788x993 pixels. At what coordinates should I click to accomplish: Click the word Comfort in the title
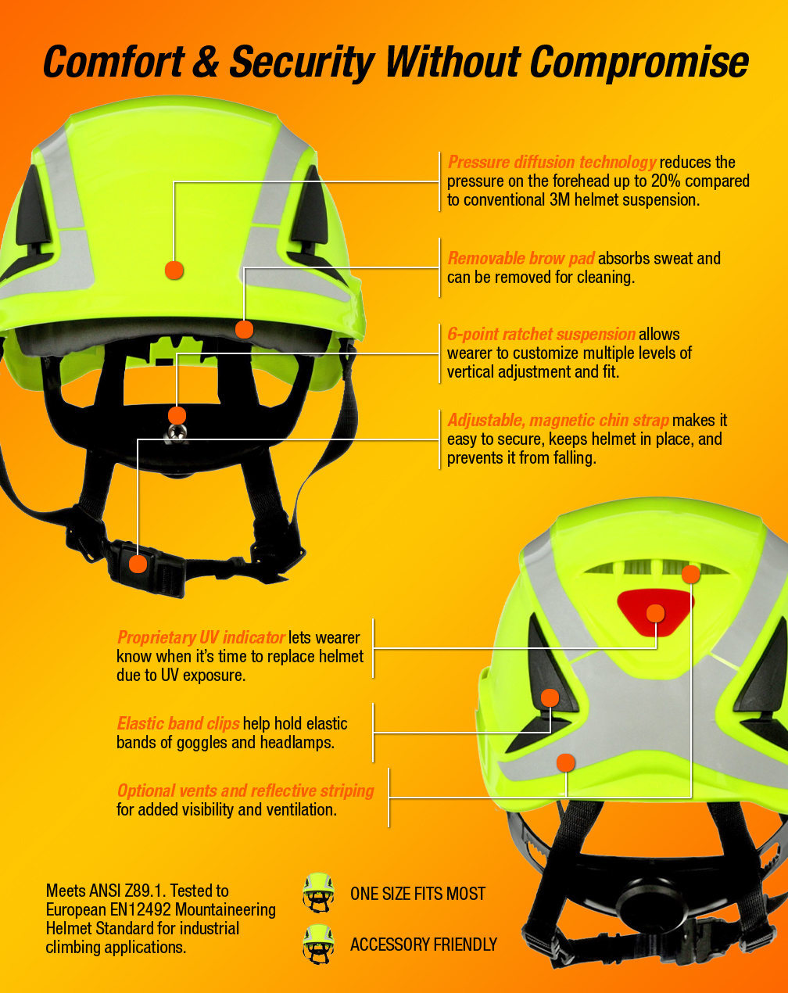(x=114, y=61)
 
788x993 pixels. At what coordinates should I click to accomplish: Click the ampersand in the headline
(x=206, y=61)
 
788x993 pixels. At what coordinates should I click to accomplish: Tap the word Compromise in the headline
(x=639, y=63)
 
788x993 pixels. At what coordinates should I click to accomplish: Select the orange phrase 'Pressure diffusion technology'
(x=552, y=162)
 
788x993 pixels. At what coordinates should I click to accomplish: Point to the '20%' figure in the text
(x=665, y=181)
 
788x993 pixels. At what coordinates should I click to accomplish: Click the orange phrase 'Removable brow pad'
(x=521, y=258)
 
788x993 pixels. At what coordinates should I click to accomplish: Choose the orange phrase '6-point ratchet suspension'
(x=541, y=334)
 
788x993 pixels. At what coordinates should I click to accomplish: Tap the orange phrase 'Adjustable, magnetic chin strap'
(x=558, y=421)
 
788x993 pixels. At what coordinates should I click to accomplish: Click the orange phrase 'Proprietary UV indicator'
(x=201, y=638)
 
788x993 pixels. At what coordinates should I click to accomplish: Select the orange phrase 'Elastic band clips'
(x=178, y=723)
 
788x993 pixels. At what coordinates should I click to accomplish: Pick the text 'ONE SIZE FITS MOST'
(x=417, y=894)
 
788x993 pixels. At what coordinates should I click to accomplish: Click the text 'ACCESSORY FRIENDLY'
(x=424, y=945)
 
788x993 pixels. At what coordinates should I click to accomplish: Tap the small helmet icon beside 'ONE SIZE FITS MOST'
(x=318, y=892)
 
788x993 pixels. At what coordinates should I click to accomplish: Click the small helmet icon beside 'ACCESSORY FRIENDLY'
(x=318, y=944)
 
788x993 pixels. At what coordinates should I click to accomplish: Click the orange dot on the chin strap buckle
(x=138, y=564)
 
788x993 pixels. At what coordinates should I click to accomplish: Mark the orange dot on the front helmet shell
(x=174, y=271)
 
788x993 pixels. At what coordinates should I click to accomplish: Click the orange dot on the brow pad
(x=244, y=330)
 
